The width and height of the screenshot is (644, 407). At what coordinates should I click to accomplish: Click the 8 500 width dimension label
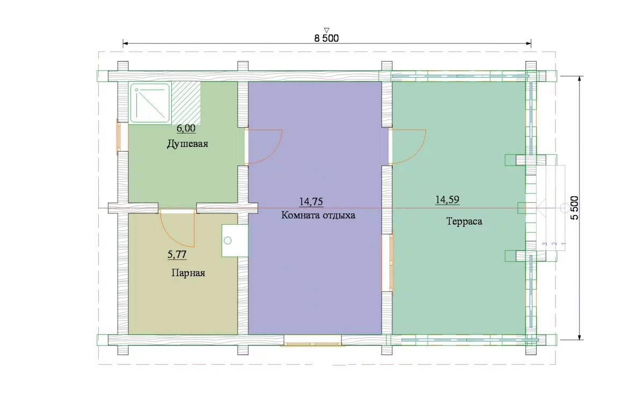[326, 38]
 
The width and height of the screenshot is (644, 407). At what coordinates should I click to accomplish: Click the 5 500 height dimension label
[574, 208]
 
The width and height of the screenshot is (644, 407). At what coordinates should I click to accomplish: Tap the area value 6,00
[186, 128]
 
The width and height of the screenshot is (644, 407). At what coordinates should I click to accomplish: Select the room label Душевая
[187, 144]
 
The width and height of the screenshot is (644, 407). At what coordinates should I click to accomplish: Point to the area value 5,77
[177, 255]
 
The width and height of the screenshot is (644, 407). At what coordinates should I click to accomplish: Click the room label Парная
[188, 273]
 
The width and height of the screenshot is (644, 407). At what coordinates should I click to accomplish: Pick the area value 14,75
[311, 202]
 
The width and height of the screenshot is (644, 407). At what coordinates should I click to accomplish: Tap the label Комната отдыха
[318, 215]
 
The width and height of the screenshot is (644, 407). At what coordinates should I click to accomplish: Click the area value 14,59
[448, 199]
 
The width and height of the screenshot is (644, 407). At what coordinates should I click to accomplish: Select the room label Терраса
[464, 221]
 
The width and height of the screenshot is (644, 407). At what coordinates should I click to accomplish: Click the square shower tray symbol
[150, 103]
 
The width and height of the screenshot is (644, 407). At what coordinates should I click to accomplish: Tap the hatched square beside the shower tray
[186, 103]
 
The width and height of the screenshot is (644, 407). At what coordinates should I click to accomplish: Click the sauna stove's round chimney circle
[228, 241]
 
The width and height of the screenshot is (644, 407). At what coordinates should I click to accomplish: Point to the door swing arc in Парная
[172, 239]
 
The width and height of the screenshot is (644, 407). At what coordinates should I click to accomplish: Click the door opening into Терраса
[408, 147]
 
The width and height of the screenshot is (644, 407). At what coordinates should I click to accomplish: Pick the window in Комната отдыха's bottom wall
[313, 341]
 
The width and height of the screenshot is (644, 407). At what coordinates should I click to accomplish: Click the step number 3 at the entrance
[544, 244]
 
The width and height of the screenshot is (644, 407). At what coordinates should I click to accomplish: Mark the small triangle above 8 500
[326, 30]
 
